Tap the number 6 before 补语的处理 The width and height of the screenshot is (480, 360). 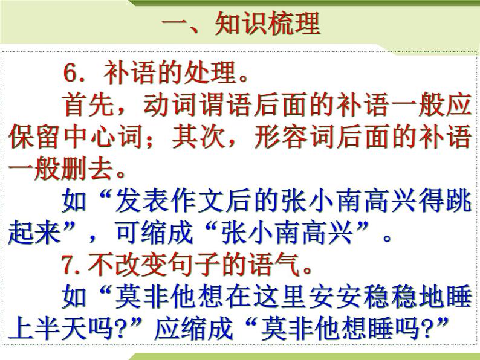pyautogui.click(x=71, y=74)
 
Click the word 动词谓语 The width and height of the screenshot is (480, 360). pyautogui.click(x=195, y=106)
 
